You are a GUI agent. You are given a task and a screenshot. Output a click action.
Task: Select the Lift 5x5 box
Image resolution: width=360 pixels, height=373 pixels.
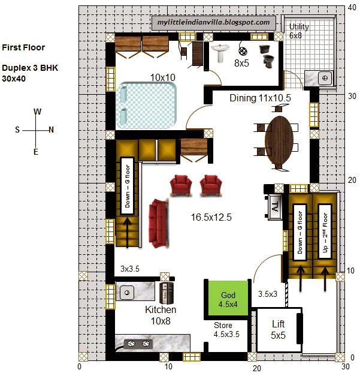click(277, 330)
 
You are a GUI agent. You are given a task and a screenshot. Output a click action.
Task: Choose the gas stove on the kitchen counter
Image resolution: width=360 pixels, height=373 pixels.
click(137, 344)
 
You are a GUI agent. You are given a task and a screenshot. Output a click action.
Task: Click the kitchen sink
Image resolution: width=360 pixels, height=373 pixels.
click(128, 293)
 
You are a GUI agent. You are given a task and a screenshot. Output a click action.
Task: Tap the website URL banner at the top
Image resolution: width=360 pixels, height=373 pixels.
click(213, 22)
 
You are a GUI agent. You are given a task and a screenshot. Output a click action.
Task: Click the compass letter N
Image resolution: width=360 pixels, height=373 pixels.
click(51, 130)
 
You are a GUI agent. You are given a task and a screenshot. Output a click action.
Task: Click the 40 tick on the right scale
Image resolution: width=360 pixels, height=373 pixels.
click(352, 8)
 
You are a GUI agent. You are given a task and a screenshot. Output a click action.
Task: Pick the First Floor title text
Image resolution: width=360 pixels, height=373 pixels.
click(23, 47)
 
